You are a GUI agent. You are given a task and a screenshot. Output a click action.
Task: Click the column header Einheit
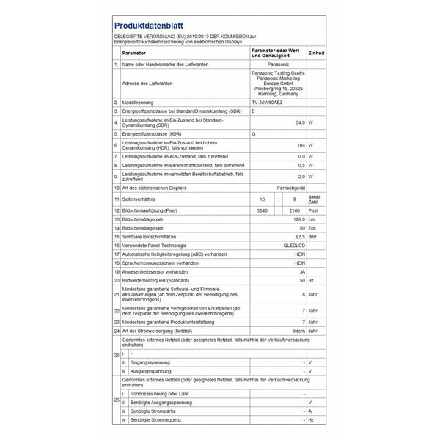pyautogui.click(x=316, y=54)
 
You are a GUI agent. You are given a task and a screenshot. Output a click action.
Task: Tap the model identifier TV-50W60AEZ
pyautogui.click(x=269, y=101)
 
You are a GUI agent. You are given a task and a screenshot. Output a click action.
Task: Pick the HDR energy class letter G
pyautogui.click(x=254, y=133)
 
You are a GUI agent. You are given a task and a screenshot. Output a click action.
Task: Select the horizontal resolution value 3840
pyautogui.click(x=256, y=210)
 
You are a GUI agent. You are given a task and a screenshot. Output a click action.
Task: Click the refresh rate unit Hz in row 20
pyautogui.click(x=311, y=279)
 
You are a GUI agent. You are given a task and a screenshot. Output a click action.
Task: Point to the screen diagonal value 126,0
pyautogui.click(x=298, y=219)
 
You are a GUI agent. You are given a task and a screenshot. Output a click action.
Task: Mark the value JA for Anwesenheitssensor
pyautogui.click(x=301, y=271)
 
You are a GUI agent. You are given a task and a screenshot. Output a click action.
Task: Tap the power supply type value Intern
pyautogui.click(x=297, y=330)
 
